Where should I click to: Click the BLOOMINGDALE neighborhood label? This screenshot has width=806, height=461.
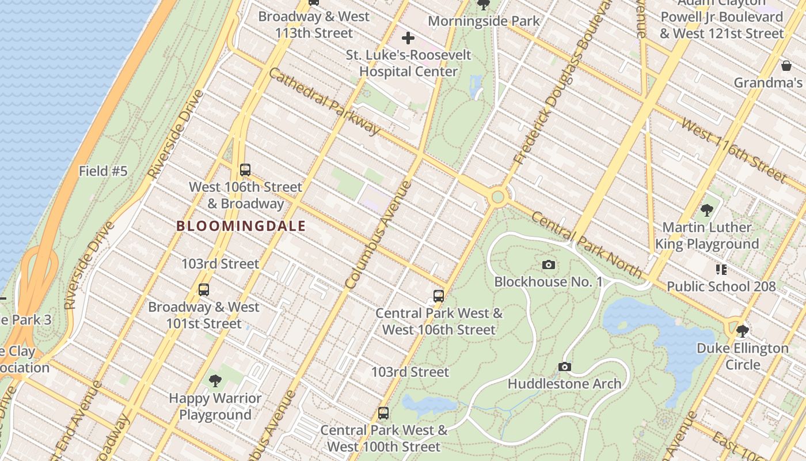(241, 226)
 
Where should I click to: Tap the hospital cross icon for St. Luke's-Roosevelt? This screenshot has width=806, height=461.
(408, 39)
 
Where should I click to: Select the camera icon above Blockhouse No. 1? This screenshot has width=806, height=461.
(549, 265)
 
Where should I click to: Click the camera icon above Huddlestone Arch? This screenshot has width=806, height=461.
(565, 367)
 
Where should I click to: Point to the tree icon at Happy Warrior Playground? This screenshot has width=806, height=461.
(215, 380)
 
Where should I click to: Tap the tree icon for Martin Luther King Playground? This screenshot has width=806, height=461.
(707, 210)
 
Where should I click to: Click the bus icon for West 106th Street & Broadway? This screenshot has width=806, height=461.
(245, 170)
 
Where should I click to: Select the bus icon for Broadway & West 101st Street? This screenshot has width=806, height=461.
(204, 290)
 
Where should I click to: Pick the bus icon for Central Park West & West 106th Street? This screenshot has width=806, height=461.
(439, 296)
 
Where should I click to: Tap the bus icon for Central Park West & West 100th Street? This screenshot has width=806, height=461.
(383, 413)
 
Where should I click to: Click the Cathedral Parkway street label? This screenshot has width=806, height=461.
(324, 101)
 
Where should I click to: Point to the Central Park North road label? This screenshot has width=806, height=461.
(586, 244)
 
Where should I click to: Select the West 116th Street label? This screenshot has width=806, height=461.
(732, 149)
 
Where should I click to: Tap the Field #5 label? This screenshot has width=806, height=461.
(103, 171)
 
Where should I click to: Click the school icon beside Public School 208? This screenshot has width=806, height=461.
(721, 270)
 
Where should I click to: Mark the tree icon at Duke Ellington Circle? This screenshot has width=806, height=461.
(743, 331)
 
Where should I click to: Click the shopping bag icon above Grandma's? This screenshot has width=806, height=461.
(786, 66)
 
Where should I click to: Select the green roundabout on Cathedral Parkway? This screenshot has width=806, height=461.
(498, 198)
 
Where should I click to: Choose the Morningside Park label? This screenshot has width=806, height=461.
(484, 21)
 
